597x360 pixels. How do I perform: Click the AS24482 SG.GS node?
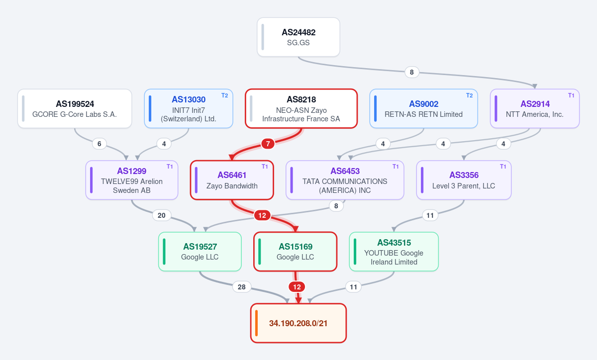(298, 37)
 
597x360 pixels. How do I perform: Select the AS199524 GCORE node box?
(75, 108)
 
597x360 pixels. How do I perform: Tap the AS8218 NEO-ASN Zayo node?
(301, 108)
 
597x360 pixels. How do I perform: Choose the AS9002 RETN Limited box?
(423, 108)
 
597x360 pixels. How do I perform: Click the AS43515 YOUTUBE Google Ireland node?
(394, 252)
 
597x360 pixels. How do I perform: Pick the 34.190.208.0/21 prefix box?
(298, 323)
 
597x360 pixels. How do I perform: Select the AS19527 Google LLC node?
(200, 252)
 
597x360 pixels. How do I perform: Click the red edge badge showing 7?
(268, 144)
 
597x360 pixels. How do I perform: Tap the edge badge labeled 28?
(242, 287)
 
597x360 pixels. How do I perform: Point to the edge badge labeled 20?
(162, 215)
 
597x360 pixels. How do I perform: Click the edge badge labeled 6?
(99, 144)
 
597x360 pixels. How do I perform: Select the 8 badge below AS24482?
(412, 72)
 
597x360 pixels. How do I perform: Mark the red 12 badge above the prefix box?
(297, 287)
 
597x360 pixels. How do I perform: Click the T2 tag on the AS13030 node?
(225, 95)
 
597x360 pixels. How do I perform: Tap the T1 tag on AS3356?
(503, 167)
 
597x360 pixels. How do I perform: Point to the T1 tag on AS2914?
(571, 95)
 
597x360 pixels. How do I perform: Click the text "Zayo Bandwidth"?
(232, 186)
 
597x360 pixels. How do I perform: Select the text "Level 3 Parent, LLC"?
(464, 186)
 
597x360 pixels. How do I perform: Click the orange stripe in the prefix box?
(256, 323)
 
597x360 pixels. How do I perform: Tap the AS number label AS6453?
(345, 171)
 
